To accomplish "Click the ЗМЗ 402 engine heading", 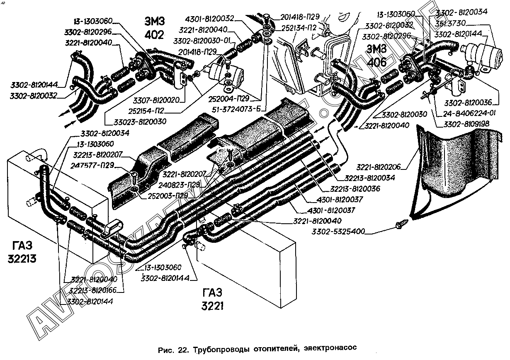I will (154, 27).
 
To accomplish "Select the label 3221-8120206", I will (380, 168).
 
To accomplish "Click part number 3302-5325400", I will (338, 231).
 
